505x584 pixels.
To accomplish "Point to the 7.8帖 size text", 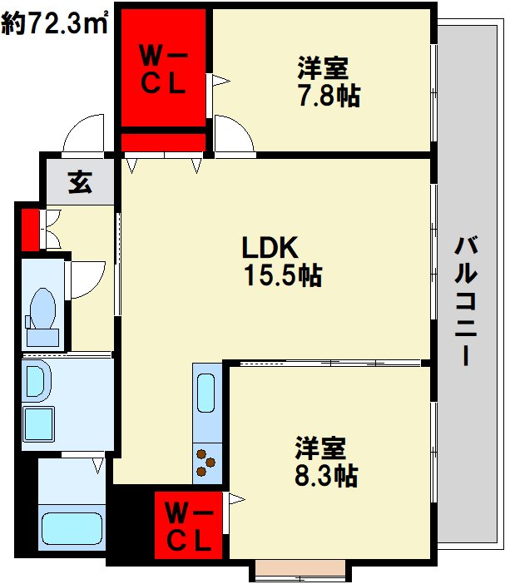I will click(x=329, y=96).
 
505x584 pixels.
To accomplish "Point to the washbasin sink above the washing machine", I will click(x=37, y=382).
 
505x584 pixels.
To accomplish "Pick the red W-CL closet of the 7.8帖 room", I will click(x=163, y=70).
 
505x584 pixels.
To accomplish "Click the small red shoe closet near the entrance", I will click(x=29, y=230).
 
